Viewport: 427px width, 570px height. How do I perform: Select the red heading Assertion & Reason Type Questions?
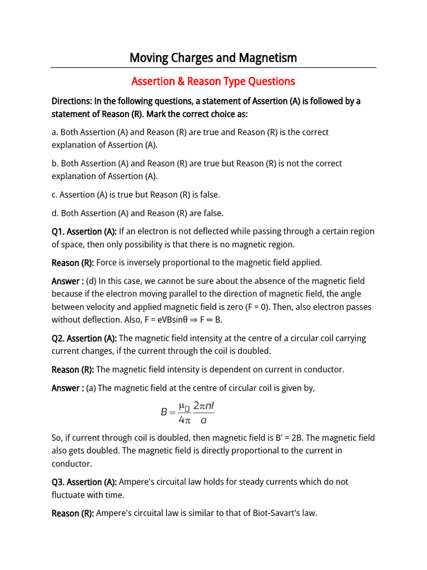213,82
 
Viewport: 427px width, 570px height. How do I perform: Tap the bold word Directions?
72,101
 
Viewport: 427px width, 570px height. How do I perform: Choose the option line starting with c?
136,195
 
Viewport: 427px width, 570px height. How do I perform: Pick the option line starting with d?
137,213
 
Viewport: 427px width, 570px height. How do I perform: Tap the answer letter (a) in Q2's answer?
91,388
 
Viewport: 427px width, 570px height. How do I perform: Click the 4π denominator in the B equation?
178,419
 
